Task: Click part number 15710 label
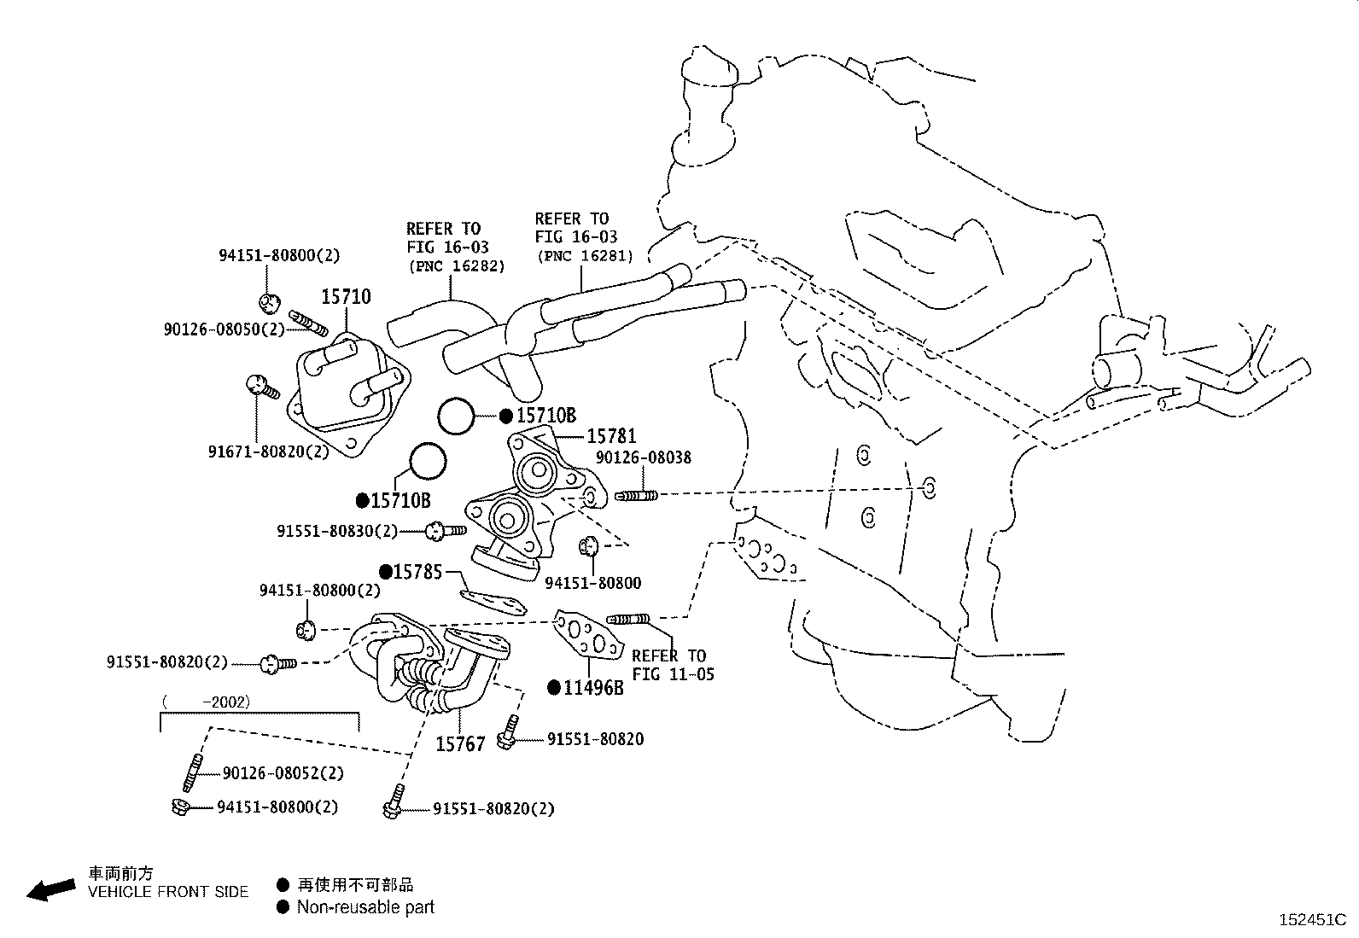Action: (346, 297)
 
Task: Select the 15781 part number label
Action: (611, 436)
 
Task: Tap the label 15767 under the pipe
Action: (460, 744)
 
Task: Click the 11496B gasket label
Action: (593, 687)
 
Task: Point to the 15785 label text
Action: (417, 572)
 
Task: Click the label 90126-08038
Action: (643, 457)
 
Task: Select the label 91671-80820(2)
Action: (268, 452)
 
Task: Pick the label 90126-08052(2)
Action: (283, 773)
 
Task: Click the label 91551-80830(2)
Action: (336, 531)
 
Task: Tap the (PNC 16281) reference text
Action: (585, 255)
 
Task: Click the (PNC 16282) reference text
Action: (456, 265)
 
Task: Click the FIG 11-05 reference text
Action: (673, 674)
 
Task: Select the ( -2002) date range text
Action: (205, 702)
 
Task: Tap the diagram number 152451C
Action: (1312, 920)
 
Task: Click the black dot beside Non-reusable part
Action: (283, 907)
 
